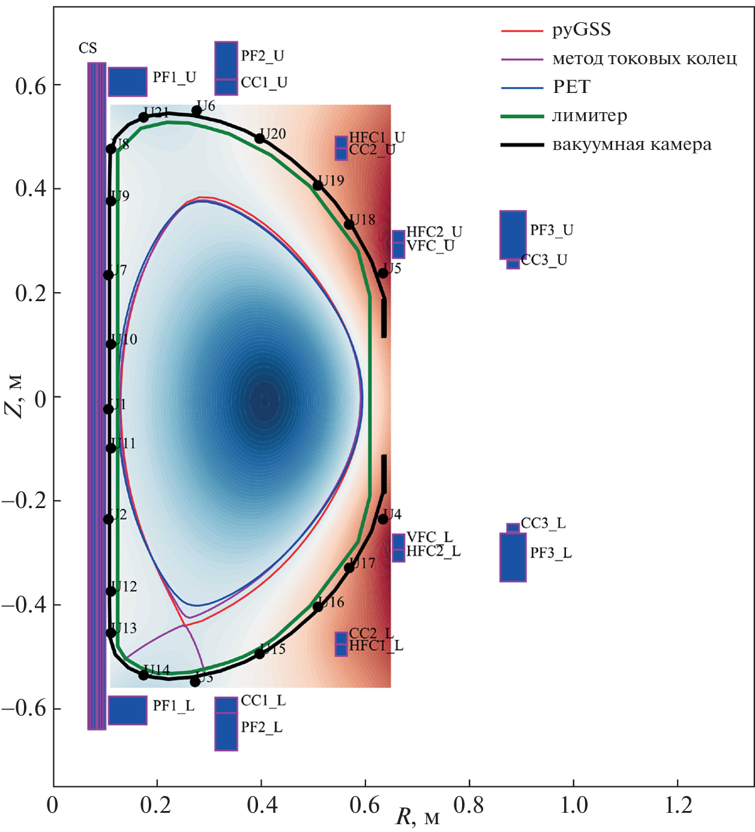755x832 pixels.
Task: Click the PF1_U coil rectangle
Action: pos(127,82)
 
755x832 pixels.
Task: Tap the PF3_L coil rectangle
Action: pos(513,557)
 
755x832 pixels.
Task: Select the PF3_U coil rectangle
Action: pos(513,235)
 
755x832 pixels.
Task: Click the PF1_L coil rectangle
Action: pos(127,710)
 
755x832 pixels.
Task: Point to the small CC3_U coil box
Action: pos(513,264)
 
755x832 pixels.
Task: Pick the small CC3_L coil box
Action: pos(513,528)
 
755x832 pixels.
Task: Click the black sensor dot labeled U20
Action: pos(260,139)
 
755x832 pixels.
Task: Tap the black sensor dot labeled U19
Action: pos(318,185)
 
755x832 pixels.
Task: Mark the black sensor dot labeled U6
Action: pos(196,111)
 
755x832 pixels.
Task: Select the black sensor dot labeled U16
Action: pos(318,607)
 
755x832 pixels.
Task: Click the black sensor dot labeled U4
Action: pos(383,519)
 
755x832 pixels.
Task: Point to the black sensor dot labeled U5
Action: pos(383,274)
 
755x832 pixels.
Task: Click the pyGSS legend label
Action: pos(581,29)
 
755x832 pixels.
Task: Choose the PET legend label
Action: pos(571,87)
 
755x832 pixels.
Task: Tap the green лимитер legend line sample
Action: pos(522,116)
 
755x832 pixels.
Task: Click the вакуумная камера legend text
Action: pos(631,145)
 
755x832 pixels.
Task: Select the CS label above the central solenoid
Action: pos(88,48)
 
